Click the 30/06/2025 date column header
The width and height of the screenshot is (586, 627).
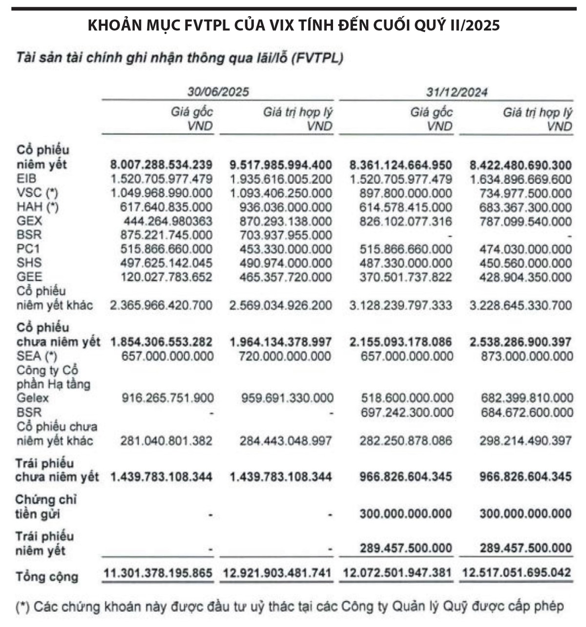(218, 92)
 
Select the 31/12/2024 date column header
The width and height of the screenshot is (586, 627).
(457, 92)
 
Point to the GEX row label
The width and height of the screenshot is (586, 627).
(29, 221)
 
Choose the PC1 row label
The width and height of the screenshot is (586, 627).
(28, 249)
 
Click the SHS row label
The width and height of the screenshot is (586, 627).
(29, 263)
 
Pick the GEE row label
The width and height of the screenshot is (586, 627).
(29, 277)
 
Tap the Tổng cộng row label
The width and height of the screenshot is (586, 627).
(46, 577)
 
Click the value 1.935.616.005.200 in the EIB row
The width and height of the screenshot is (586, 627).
(281, 179)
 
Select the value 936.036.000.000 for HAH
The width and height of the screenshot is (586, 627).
(286, 208)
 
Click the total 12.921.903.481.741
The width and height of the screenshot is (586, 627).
(277, 573)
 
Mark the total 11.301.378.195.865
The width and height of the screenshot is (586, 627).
(158, 573)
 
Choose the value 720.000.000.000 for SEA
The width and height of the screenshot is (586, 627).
(286, 356)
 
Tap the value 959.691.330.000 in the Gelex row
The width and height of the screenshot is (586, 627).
(288, 398)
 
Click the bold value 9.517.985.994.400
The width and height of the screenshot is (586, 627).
(281, 165)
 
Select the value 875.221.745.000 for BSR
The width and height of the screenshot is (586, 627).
(167, 235)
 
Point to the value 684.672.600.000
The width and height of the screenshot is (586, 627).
(527, 413)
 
